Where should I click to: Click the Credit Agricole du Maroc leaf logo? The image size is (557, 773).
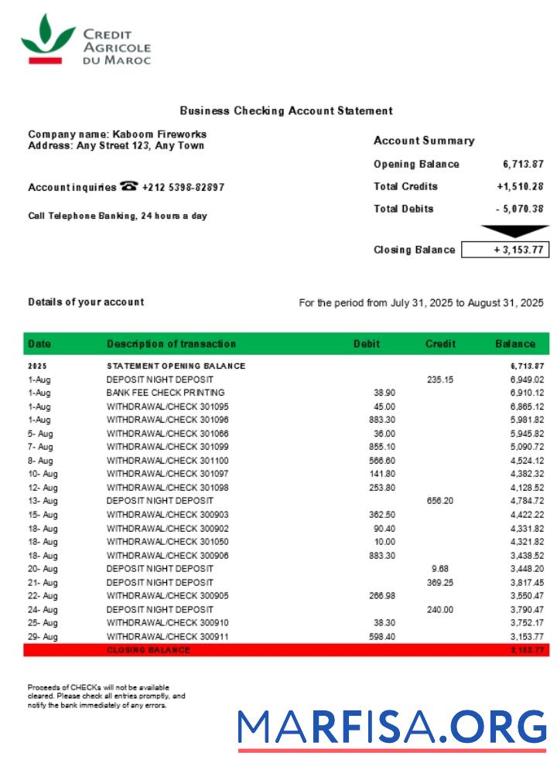[x=47, y=38]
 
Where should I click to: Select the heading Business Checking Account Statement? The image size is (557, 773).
[x=286, y=111]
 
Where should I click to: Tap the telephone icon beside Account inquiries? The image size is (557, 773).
[x=129, y=186]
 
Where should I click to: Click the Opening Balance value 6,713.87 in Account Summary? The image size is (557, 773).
[x=523, y=164]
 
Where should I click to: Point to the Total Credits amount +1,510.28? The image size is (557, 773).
[x=520, y=186]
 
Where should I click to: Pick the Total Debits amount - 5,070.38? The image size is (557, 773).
[x=520, y=209]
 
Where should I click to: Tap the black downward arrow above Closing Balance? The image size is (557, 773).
[x=514, y=230]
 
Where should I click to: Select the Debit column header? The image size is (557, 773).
[x=367, y=344]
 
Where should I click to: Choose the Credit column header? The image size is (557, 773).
[x=440, y=344]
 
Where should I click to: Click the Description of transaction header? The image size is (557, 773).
[x=171, y=344]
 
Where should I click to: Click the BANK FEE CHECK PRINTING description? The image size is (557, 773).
[x=166, y=393]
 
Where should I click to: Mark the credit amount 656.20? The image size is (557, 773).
[x=439, y=501]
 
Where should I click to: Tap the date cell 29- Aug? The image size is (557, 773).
[x=43, y=636]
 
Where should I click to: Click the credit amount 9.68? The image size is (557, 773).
[x=439, y=569]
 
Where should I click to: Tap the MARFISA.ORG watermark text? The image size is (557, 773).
[x=392, y=727]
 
